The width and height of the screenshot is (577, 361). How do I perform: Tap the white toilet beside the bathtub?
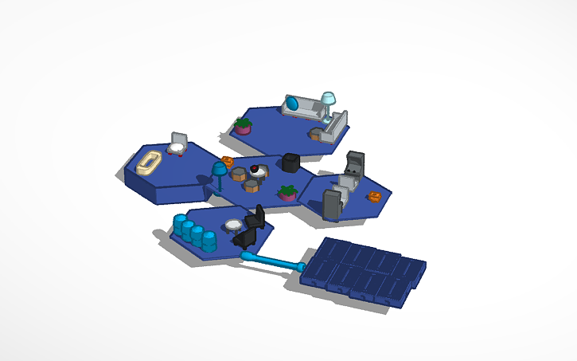click(177, 144)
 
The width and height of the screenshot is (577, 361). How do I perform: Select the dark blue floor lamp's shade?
click(218, 169)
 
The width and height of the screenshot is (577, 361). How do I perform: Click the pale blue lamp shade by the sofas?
click(328, 98)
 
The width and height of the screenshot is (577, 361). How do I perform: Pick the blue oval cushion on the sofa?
click(294, 103)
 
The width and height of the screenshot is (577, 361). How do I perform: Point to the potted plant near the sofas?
click(244, 125)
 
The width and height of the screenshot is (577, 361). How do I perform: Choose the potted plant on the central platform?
click(287, 192)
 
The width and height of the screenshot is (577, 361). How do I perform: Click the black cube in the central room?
click(290, 163)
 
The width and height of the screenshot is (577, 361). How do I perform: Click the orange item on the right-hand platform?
click(375, 195)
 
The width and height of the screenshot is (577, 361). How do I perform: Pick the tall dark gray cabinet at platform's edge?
click(332, 203)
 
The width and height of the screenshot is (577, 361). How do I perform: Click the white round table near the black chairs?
click(233, 226)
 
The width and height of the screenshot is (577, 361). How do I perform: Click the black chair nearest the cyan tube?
click(244, 237)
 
